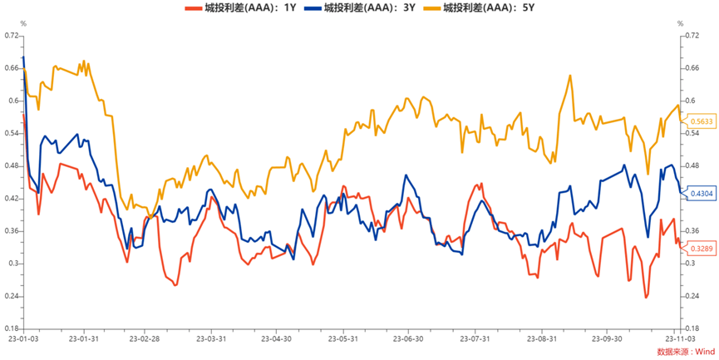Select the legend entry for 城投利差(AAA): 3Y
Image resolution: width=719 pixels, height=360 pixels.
tap(366, 8)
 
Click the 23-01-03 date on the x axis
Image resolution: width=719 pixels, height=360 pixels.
tap(22, 339)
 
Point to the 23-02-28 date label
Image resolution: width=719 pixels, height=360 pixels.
tap(146, 339)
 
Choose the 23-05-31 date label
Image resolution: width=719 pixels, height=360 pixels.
tap(343, 339)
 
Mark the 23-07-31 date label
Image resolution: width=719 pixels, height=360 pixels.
tap(475, 339)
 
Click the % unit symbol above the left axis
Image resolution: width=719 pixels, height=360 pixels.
tap(22, 23)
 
